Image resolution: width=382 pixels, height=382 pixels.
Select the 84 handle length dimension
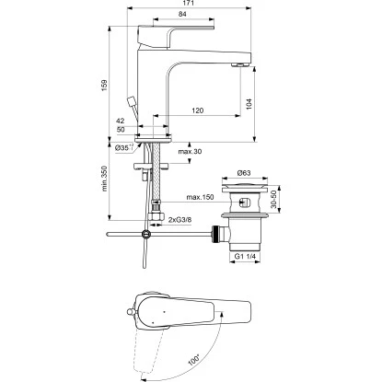(182, 14)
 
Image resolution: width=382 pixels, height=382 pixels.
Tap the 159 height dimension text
(104, 86)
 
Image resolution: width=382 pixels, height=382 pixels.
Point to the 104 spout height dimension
(249, 104)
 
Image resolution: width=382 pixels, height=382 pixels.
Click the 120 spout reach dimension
(197, 110)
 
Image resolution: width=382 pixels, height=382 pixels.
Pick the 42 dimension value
(121, 121)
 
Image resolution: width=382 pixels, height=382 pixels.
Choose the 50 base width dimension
(121, 130)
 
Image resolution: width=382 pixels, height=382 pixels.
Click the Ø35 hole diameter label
(124, 147)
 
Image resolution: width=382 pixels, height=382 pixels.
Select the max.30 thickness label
(190, 152)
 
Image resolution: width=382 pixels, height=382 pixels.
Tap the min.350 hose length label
(104, 179)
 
